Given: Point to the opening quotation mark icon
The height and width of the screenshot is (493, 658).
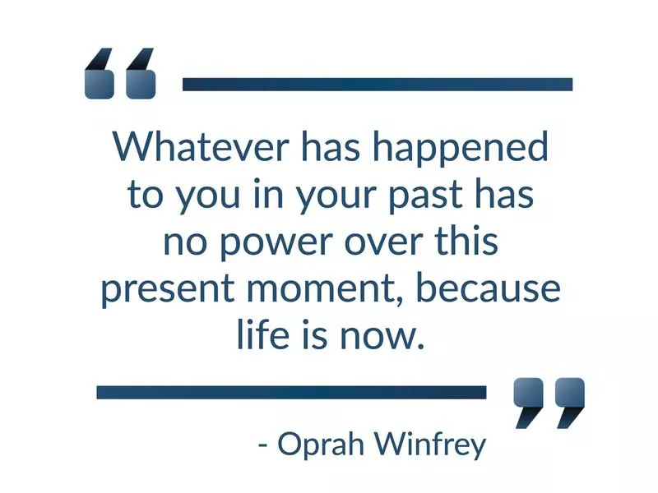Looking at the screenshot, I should [120, 74].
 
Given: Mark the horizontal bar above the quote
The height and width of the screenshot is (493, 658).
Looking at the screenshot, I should [377, 84].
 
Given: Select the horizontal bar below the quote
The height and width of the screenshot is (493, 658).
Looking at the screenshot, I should [291, 392].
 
